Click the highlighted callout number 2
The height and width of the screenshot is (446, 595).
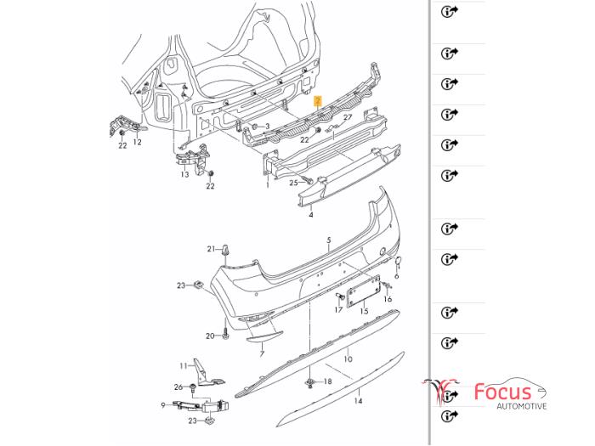318,99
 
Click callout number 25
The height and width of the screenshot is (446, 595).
293,182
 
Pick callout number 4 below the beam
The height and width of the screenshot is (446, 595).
311,216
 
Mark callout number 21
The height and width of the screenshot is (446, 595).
211,248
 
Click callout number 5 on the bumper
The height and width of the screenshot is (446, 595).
329,240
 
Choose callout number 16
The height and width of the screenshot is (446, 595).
388,299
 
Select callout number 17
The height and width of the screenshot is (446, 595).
338,309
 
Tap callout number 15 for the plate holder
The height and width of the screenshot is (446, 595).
363,312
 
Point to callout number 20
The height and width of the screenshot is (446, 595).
210,336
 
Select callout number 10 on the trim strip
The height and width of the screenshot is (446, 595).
347,359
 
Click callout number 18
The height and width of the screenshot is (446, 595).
329,385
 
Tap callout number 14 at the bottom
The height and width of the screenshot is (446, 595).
358,400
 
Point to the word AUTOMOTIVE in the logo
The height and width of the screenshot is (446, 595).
508,408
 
